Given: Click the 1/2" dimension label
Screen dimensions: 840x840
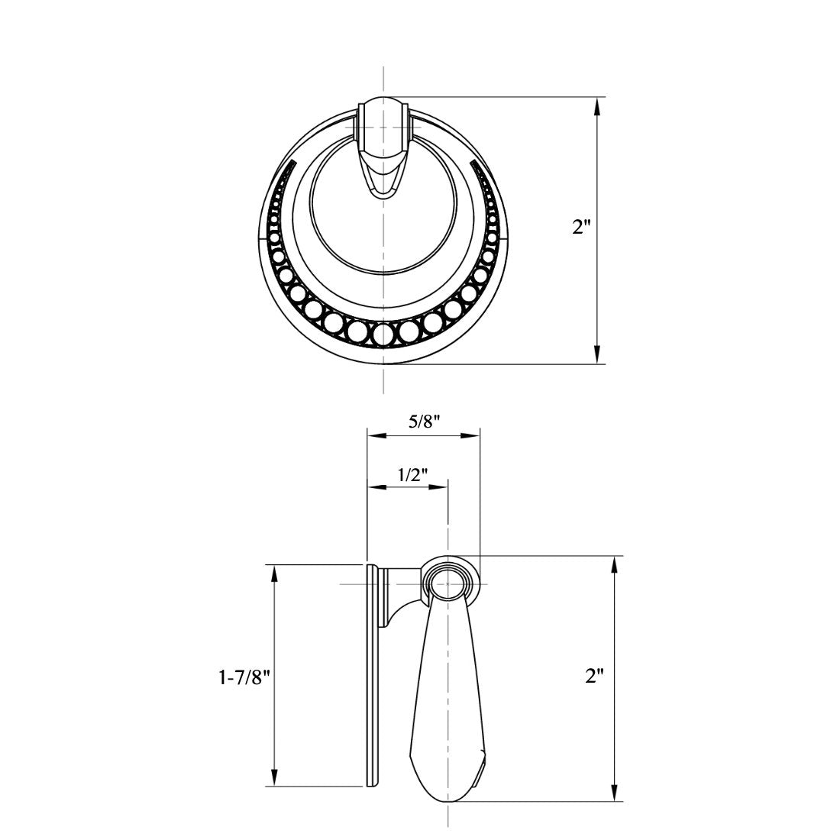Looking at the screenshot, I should click(411, 474).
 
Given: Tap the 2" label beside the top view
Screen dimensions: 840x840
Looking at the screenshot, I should click(582, 227).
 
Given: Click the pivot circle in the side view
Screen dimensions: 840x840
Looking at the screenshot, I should click(447, 585).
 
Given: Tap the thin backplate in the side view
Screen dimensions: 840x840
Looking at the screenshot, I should click(372, 676).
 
